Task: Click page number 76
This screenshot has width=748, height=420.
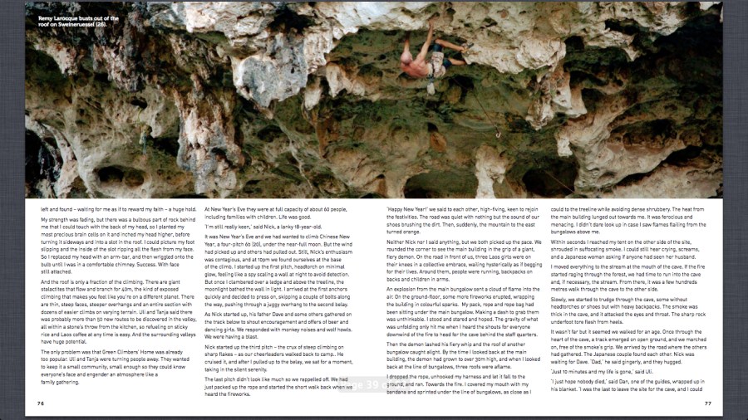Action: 40,403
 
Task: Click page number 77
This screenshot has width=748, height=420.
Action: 707,403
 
